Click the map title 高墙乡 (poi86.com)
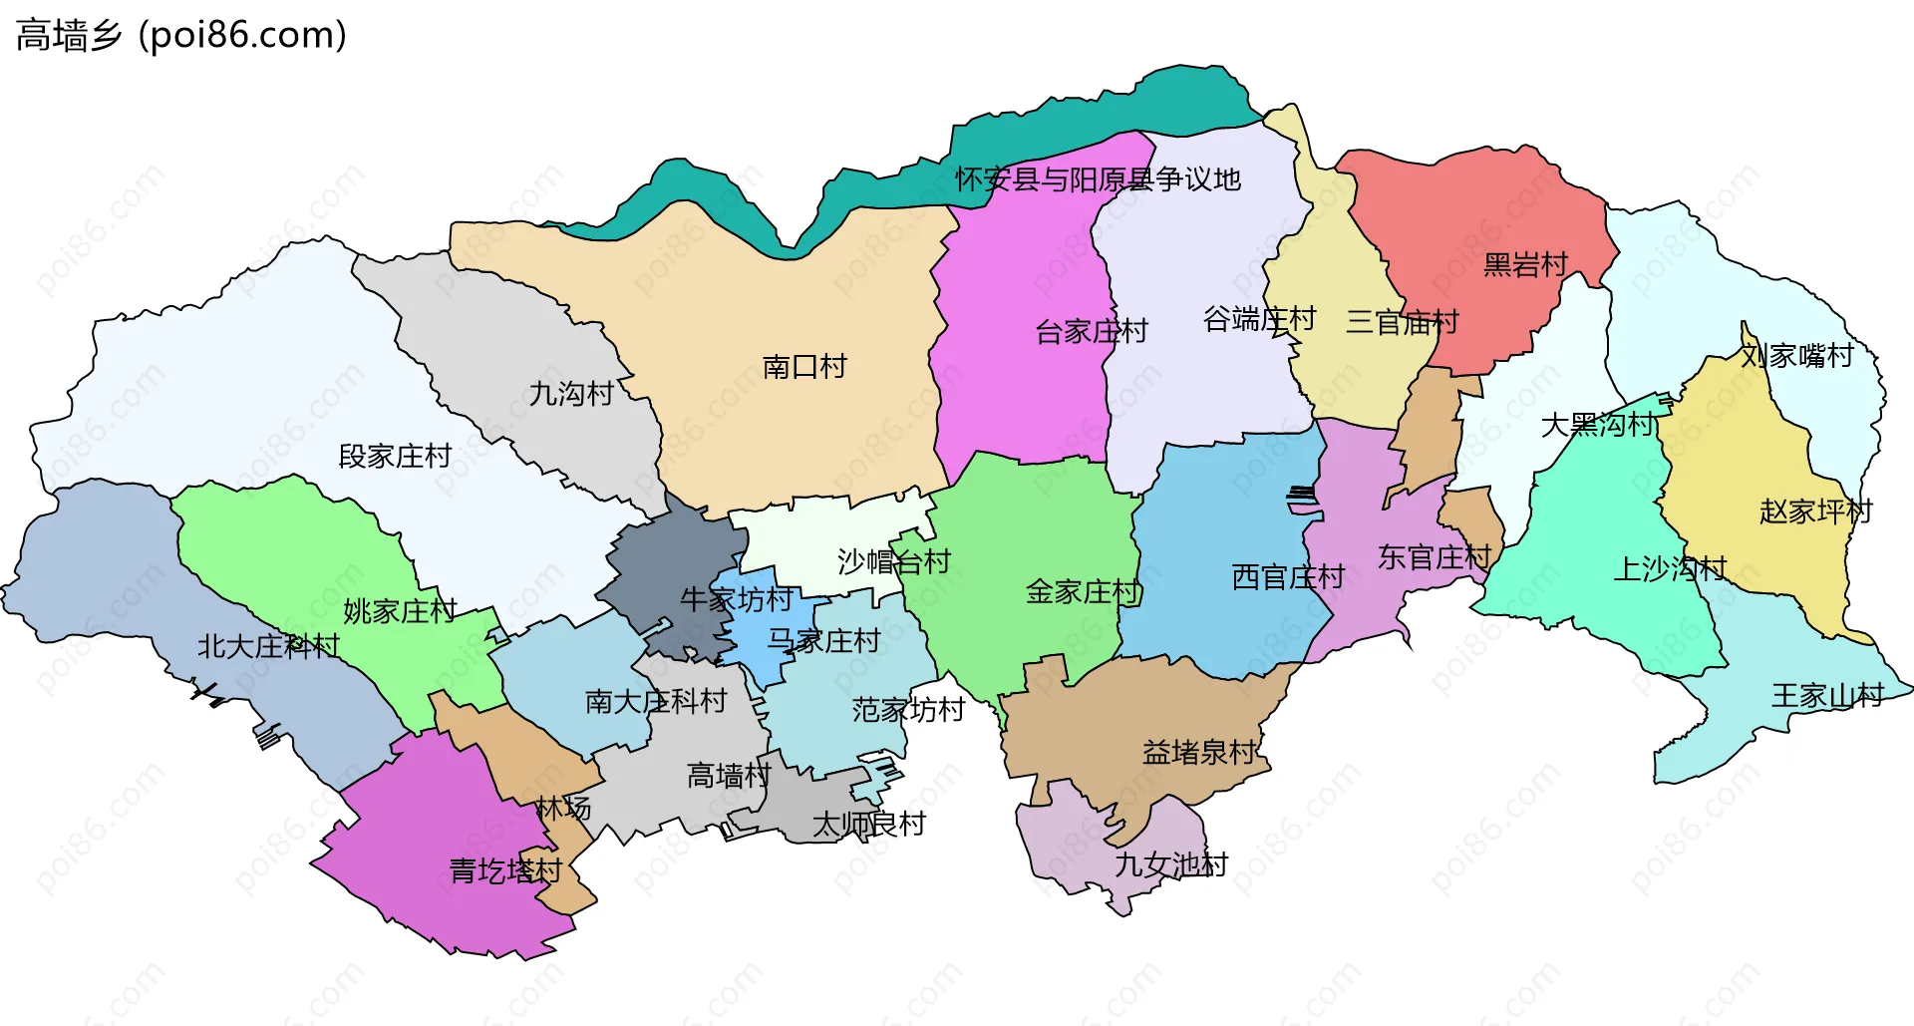pos(181,36)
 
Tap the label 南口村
pos(804,367)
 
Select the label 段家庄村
pos(395,457)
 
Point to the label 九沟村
pos(570,394)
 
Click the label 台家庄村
pos(1092,331)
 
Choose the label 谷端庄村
pos(1259,319)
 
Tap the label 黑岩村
pos(1525,265)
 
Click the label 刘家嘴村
pos(1796,356)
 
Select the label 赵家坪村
pos(1815,512)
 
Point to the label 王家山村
pos(1827,696)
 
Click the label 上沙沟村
pos(1670,569)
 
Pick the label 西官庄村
pos(1288,576)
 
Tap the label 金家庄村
pos(1083,592)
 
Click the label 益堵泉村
pos(1199,752)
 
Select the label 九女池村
pos(1170,864)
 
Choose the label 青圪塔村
pos(505,871)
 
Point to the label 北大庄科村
pos(268,646)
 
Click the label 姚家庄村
pos(400,611)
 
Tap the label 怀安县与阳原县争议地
pos(1098,179)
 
